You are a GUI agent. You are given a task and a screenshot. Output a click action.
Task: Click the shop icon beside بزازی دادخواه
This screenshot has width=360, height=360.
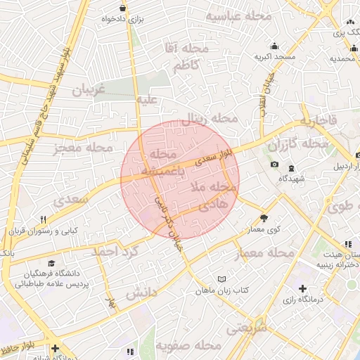[x=124, y=9]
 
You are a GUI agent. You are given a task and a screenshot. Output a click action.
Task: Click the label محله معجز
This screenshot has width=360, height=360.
[x=82, y=148]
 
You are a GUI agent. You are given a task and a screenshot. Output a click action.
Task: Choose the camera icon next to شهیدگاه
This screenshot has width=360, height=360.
[x=274, y=165]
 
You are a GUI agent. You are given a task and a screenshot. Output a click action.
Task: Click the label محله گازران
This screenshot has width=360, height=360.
[x=304, y=144]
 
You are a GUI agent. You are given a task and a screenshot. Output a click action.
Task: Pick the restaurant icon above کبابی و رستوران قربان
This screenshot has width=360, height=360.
[x=43, y=219]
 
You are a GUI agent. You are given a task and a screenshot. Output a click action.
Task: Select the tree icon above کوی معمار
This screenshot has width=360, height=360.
[x=264, y=218]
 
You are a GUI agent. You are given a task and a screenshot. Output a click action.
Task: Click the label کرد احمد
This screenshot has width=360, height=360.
[x=112, y=251]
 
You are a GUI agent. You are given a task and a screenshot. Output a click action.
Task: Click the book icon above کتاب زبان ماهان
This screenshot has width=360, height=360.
[x=223, y=279]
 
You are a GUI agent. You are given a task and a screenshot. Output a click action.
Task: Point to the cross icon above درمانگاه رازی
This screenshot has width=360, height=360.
[x=303, y=288]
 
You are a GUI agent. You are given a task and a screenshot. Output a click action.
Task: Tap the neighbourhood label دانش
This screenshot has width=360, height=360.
[x=141, y=293]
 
